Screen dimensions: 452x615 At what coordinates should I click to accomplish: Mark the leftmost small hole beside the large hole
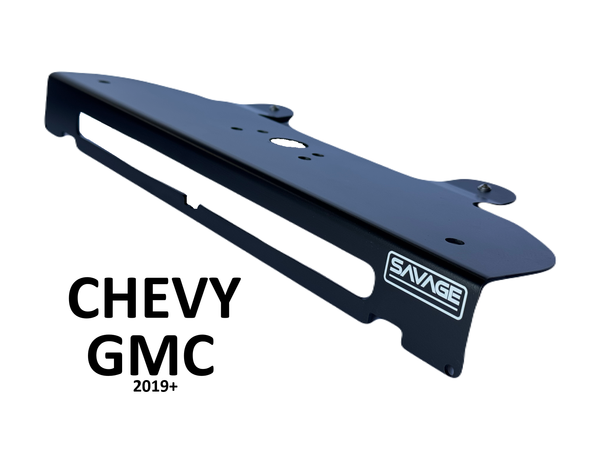(x=235, y=129)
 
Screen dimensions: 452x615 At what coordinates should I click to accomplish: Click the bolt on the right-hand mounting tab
(x=485, y=186)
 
